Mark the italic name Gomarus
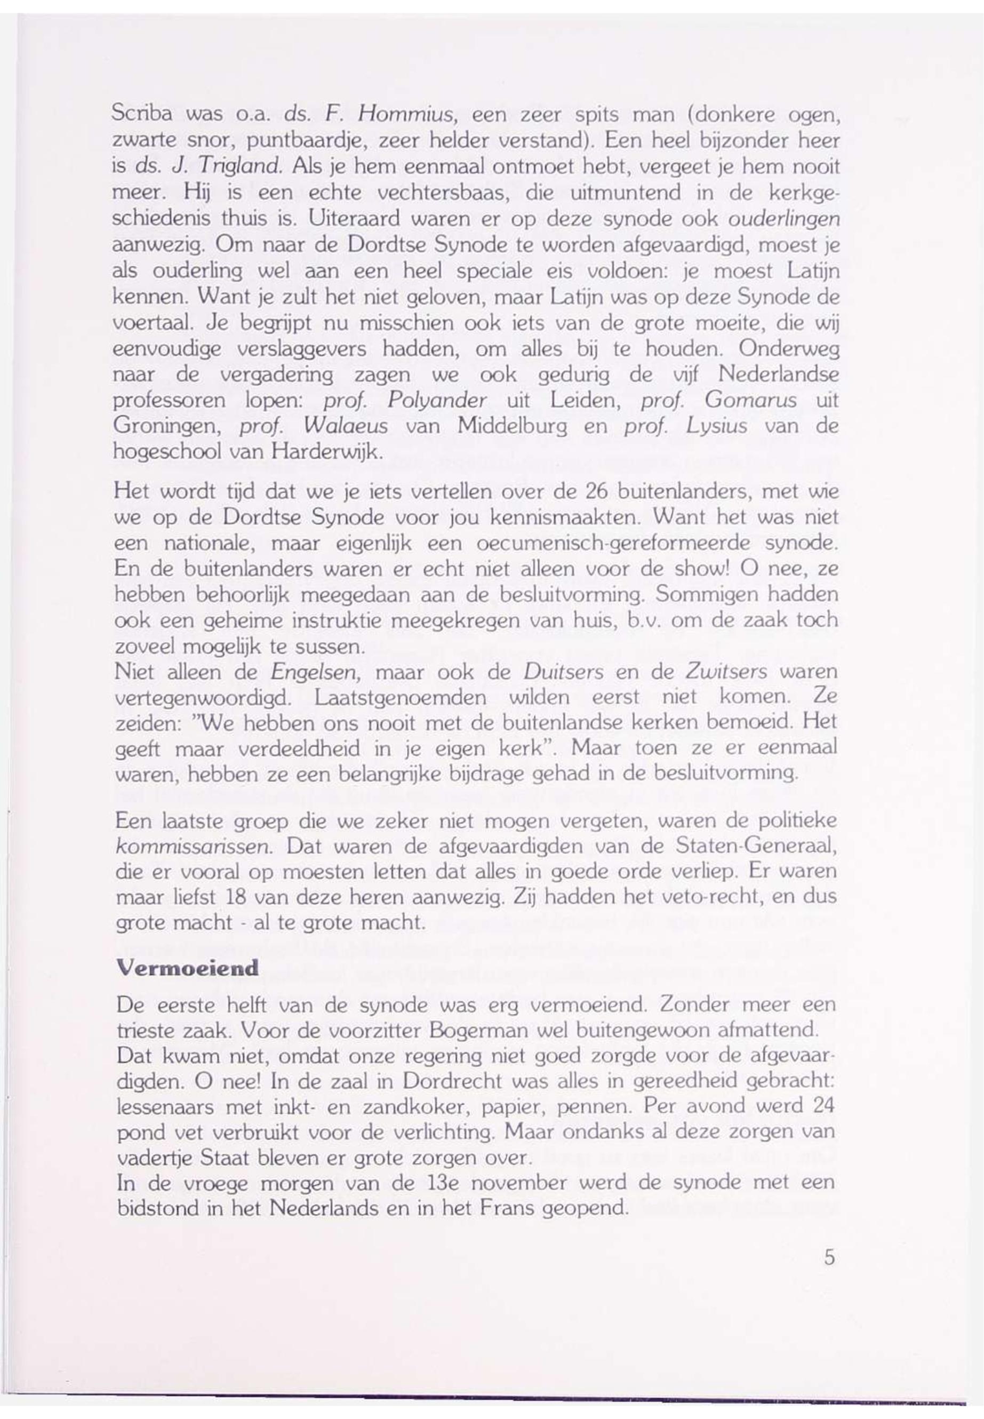pos(750,401)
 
